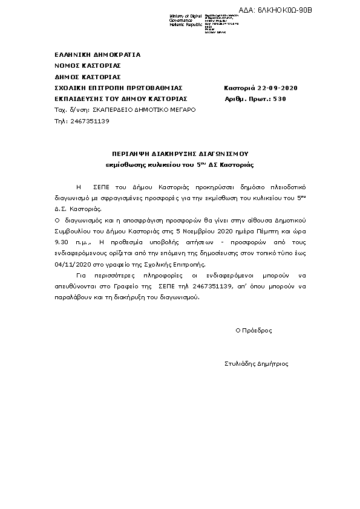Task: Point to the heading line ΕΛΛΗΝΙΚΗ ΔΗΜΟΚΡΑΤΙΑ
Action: click(x=97, y=54)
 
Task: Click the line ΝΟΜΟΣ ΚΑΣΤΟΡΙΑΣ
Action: click(x=88, y=65)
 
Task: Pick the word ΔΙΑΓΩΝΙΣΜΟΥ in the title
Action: click(x=223, y=154)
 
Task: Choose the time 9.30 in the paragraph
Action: click(x=61, y=242)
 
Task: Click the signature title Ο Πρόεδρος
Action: click(x=254, y=331)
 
